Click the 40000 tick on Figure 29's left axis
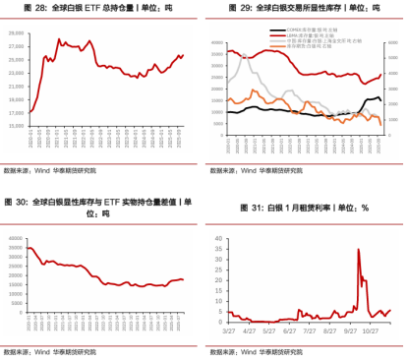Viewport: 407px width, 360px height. coord(218,32)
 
